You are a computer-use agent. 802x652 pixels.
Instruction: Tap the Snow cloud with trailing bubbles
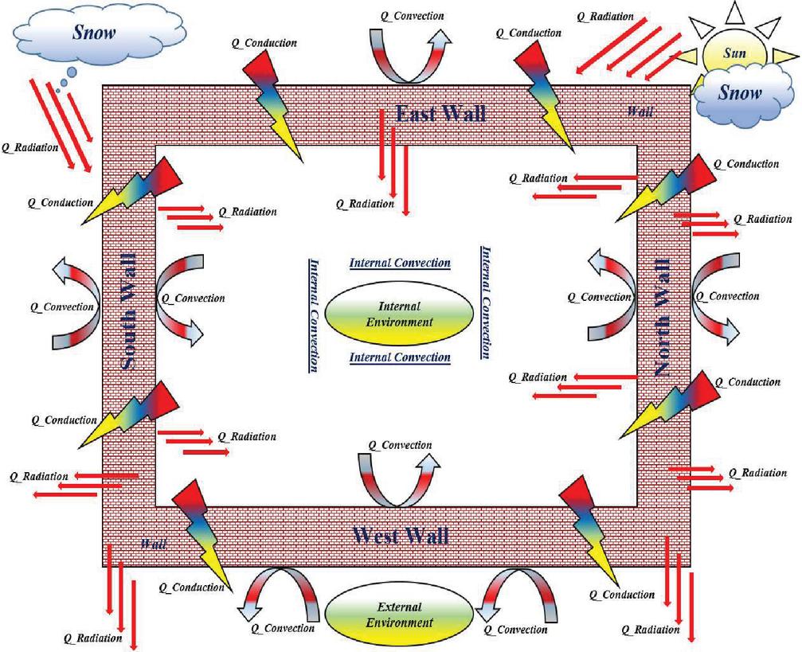click(x=93, y=33)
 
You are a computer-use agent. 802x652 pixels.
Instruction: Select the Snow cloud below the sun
click(x=740, y=92)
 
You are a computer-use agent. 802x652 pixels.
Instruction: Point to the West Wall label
click(x=400, y=534)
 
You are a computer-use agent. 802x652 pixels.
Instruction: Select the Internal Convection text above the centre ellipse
click(x=400, y=263)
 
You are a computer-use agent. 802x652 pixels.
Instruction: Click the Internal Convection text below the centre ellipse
click(x=400, y=358)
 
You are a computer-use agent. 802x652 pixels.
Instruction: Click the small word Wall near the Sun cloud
click(x=640, y=111)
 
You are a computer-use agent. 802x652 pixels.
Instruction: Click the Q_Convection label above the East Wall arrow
click(x=411, y=16)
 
